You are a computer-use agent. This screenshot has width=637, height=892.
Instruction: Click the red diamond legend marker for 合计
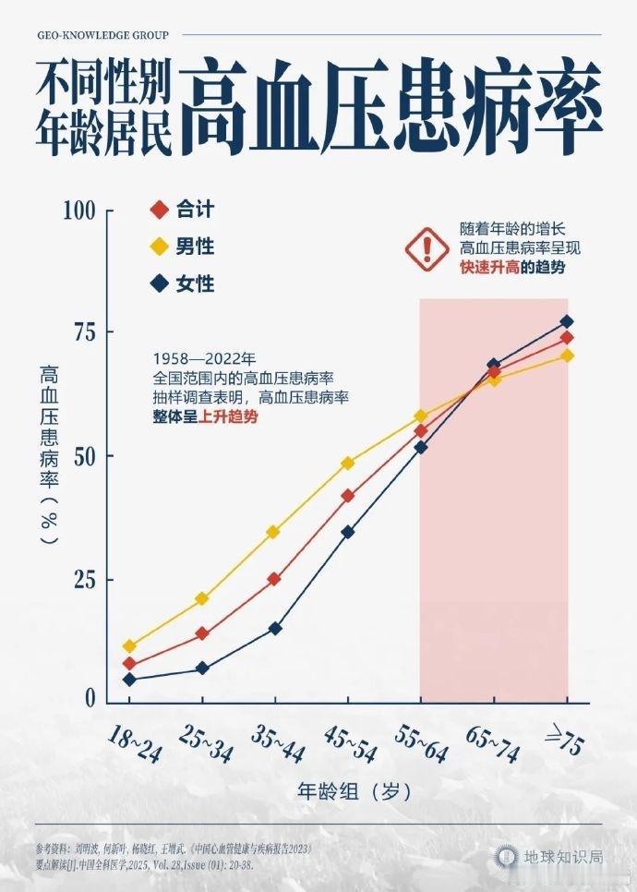159,211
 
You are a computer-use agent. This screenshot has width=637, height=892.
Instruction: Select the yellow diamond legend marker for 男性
159,247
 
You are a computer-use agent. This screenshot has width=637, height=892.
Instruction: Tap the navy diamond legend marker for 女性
159,284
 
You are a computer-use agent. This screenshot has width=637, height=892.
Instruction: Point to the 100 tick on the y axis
80,211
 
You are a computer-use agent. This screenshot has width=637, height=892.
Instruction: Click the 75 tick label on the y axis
86,332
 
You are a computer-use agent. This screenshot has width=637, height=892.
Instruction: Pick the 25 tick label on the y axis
86,580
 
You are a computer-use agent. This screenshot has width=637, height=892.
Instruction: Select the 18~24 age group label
135,743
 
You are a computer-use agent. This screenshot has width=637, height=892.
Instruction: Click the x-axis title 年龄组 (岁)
354,791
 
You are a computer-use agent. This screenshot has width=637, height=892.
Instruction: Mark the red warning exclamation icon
426,247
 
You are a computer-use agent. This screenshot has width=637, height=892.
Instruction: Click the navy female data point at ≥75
567,321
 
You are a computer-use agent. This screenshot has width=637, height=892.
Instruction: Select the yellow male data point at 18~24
129,646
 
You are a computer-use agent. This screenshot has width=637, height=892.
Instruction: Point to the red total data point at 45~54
348,496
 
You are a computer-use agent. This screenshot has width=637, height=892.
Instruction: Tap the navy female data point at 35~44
275,628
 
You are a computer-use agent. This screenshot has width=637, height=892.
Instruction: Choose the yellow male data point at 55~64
421,416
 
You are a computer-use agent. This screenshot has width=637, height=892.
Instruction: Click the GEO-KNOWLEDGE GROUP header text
103,35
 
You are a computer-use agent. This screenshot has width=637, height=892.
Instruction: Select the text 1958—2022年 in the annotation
204,358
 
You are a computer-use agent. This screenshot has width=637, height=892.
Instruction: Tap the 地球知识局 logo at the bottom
548,857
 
